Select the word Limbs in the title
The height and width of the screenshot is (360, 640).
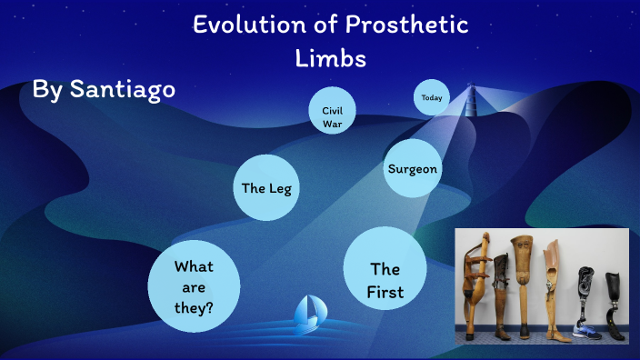point(331,58)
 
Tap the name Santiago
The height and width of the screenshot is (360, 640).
point(121,89)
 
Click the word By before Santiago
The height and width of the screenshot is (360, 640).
point(47,89)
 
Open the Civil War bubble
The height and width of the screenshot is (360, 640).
point(332,116)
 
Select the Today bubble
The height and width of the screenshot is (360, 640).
point(432,98)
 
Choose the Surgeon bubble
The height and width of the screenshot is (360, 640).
point(413,169)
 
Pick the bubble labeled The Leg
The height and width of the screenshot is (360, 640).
point(266,188)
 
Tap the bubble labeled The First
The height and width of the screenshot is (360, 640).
point(385,281)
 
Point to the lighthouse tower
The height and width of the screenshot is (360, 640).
point(470,99)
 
